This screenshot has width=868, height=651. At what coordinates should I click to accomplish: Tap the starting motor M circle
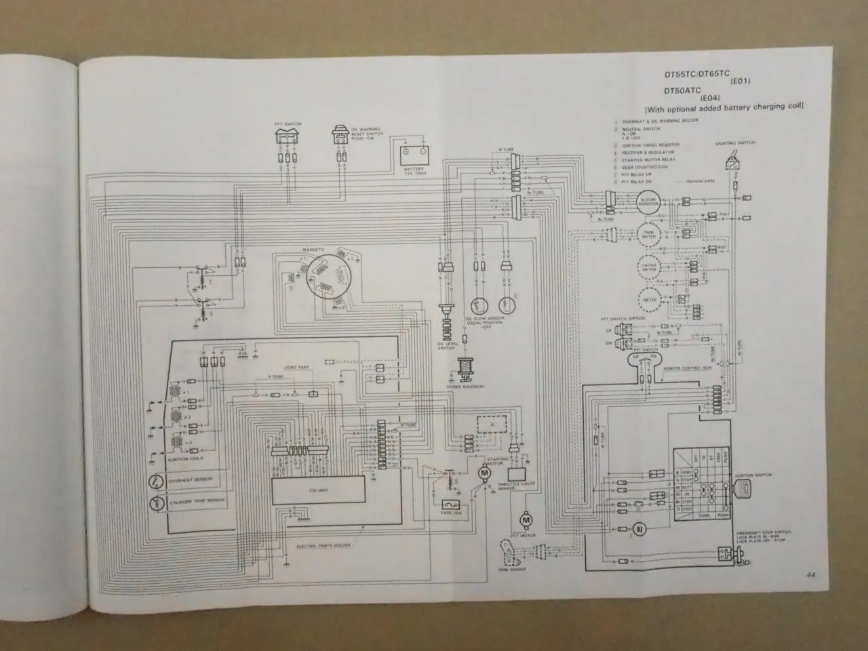point(483,470)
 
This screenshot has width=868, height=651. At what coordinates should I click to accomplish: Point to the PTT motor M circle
point(525,520)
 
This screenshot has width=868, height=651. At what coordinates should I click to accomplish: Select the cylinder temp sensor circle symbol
point(157,503)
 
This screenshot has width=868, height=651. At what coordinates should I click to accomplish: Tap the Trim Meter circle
point(649,235)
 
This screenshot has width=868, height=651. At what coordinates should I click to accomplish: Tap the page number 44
point(811,574)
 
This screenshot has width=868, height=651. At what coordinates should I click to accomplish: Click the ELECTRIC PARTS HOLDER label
point(324,545)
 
